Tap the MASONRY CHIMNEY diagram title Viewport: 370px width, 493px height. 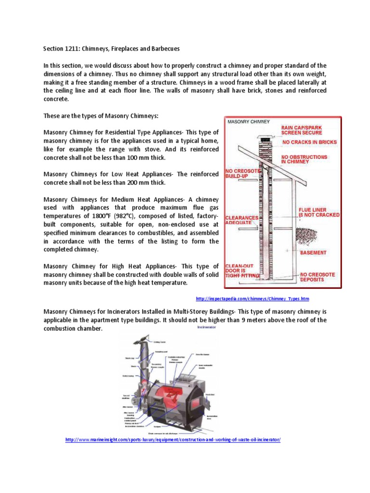[x=249, y=122]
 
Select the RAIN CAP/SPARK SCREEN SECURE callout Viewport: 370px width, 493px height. [x=302, y=130]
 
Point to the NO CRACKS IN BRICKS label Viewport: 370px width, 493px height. [x=309, y=142]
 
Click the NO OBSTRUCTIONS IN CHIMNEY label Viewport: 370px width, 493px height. [x=304, y=159]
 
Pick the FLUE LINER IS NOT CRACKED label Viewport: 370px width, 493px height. [x=318, y=212]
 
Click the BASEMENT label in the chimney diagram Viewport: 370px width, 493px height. [x=313, y=252]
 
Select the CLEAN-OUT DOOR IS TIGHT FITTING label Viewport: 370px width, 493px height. [x=242, y=270]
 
